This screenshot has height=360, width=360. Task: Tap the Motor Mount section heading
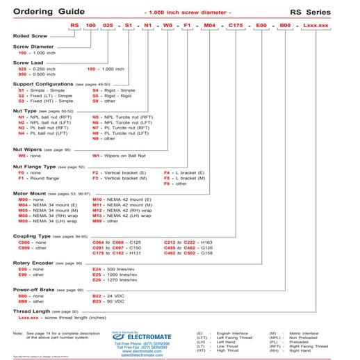(31, 193)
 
